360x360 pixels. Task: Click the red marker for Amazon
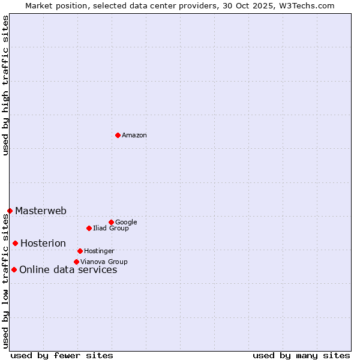coord(118,135)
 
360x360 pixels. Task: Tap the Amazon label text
coord(134,136)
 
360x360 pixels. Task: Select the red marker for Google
coord(111,222)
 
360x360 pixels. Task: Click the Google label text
coord(126,223)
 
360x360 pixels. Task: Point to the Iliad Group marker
coord(89,228)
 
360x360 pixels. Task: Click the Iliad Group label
coord(111,229)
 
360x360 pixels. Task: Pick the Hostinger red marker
coord(80,251)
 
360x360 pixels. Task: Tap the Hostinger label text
coord(99,251)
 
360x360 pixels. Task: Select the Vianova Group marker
coord(76,262)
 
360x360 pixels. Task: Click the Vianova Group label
coord(104,262)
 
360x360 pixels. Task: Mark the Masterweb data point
coord(10,211)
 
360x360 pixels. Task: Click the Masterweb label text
coord(41,211)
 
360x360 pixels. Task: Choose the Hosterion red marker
coord(15,243)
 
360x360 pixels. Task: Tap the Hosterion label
coord(43,244)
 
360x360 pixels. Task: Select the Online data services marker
coord(14,269)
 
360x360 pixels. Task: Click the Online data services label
coord(68,270)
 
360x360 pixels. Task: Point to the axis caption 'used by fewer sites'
coord(62,356)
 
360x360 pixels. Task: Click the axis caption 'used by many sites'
coord(301,356)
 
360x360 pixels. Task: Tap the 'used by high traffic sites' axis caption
coord(6,85)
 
